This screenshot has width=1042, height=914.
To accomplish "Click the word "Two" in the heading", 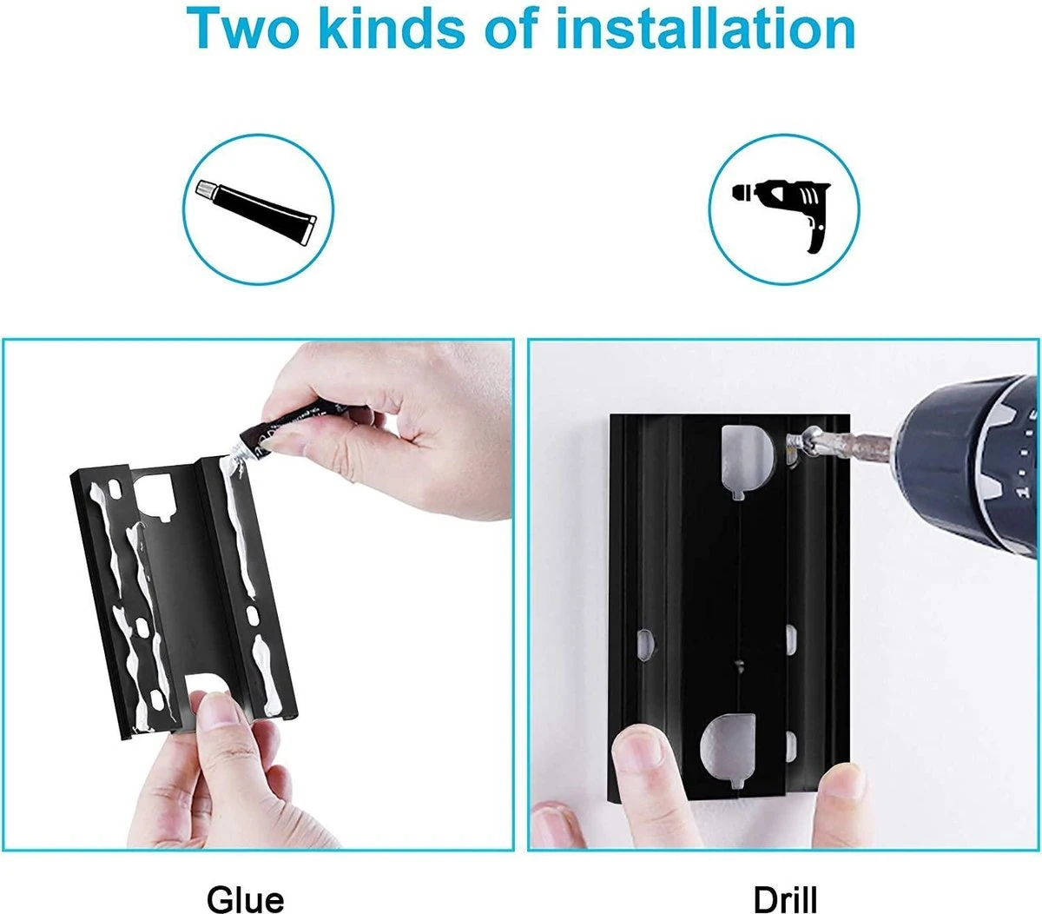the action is point(242,29).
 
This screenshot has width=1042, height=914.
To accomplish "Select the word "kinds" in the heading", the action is point(392,28).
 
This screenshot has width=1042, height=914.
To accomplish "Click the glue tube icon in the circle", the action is point(256,211).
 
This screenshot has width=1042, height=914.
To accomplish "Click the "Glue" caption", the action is point(246,899).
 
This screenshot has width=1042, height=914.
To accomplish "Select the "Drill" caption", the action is point(785,899).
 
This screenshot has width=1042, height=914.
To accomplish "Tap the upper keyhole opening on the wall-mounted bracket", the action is point(747,458).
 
